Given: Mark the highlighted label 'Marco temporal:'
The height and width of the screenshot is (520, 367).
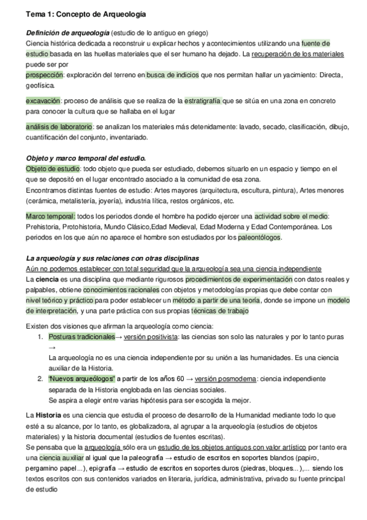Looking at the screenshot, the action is pos(50,216).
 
